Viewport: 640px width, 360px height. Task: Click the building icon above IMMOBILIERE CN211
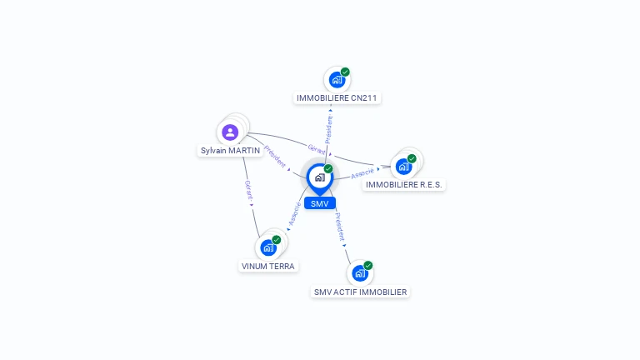pos(337,80)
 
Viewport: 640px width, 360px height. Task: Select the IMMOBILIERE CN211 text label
pos(337,98)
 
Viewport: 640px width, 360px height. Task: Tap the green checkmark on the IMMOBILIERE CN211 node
pos(345,72)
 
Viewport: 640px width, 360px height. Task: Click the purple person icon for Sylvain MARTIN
pos(230,132)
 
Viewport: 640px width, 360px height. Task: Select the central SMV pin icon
pos(319,177)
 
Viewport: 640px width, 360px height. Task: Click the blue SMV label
pos(319,203)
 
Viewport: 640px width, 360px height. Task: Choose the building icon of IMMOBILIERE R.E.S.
pos(403,166)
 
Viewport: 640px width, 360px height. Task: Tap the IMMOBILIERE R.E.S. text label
pos(404,184)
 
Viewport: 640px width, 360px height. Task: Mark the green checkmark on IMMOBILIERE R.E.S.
pos(412,158)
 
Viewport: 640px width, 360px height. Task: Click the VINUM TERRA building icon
pos(268,247)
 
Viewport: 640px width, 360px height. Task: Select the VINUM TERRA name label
pos(268,267)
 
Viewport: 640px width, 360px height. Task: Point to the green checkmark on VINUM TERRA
pos(277,240)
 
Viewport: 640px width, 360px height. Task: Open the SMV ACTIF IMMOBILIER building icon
pos(360,272)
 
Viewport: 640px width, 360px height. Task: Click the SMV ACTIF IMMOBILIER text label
pos(360,292)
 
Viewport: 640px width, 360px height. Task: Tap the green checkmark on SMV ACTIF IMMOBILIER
pos(367,265)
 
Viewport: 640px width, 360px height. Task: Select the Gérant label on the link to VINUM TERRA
pos(247,192)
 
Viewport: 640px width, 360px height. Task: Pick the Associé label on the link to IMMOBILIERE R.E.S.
pos(362,173)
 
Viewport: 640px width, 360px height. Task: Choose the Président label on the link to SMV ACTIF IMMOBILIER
pos(340,227)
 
